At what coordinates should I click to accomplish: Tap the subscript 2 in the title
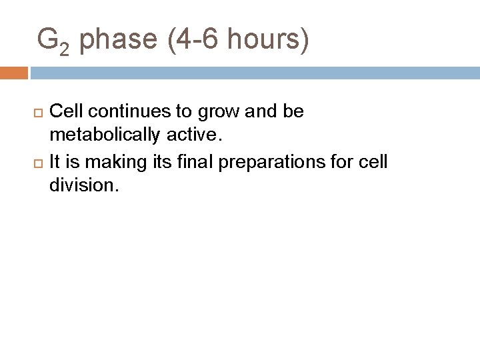[63, 48]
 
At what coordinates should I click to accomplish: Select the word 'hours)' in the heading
[268, 40]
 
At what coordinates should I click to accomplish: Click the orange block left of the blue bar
[14, 72]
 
